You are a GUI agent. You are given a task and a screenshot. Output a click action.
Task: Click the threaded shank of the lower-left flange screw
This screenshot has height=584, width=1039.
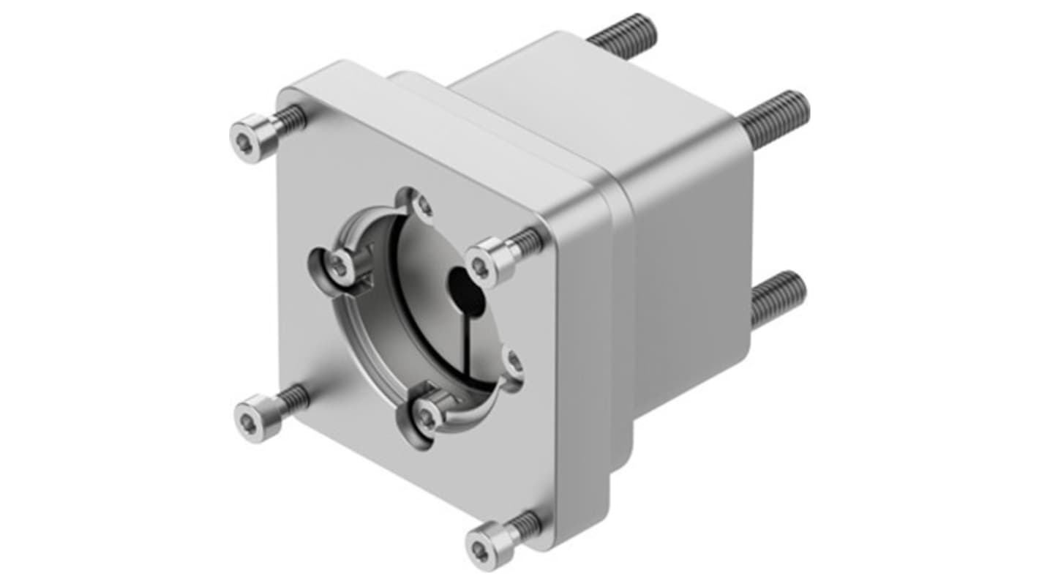click(x=293, y=400)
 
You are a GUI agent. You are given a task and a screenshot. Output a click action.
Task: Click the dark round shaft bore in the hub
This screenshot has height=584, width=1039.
click(x=466, y=292)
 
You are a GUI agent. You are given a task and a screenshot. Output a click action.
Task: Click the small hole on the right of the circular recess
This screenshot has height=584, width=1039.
click(x=514, y=361)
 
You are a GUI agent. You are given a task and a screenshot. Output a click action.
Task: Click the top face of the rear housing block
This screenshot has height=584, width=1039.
click(x=585, y=102)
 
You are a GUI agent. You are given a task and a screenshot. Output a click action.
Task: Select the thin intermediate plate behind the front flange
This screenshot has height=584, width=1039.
click(x=621, y=329)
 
